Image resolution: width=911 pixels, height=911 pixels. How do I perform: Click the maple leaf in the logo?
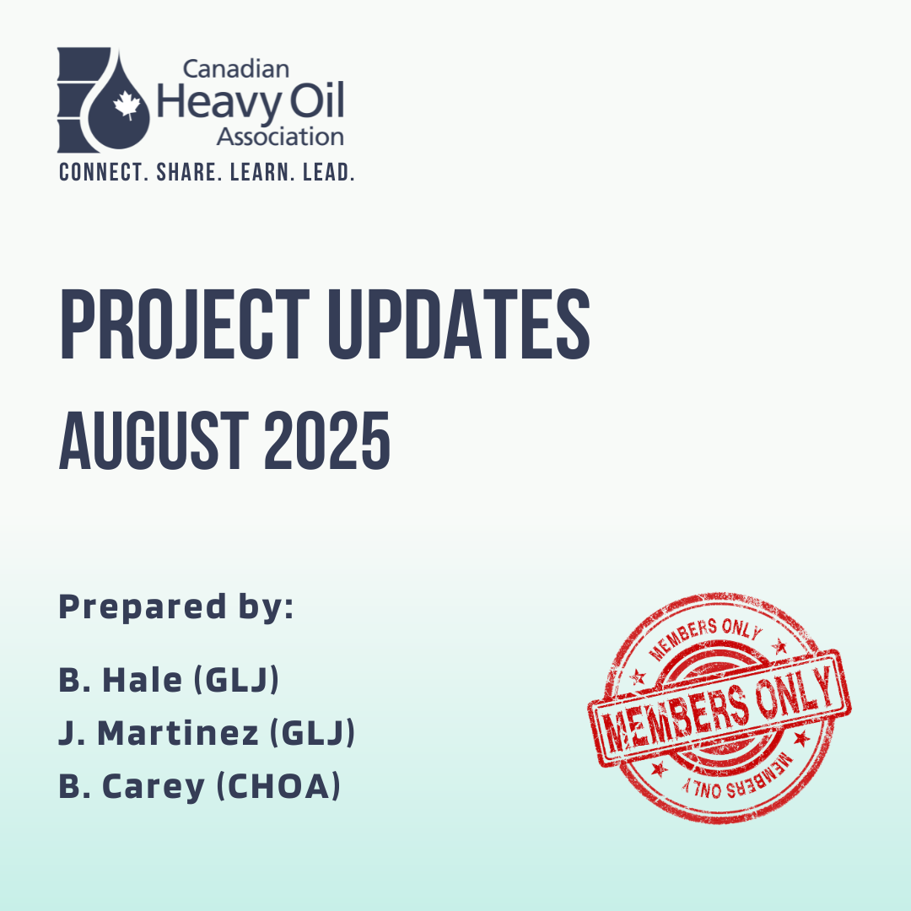tap(127, 105)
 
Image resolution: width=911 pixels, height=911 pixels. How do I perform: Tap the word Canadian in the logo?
tap(236, 69)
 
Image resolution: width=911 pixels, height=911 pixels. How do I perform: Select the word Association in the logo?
tap(280, 137)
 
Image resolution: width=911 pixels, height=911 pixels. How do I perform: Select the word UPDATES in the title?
tap(459, 324)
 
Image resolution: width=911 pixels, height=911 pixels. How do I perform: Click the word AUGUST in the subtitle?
tap(154, 440)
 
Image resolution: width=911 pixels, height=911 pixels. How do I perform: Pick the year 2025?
tap(327, 440)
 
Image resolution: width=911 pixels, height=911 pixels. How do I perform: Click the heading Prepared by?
tap(176, 607)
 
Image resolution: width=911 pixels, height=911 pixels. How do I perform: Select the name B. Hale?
tap(121, 680)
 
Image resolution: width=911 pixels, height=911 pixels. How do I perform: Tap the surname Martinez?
tap(178, 733)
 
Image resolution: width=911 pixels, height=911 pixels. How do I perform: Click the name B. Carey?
tap(132, 787)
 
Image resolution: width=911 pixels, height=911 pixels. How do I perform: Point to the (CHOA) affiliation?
tap(278, 786)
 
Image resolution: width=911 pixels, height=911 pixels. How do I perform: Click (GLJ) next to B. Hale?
tap(236, 680)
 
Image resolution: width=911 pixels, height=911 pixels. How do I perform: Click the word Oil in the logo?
tap(317, 100)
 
